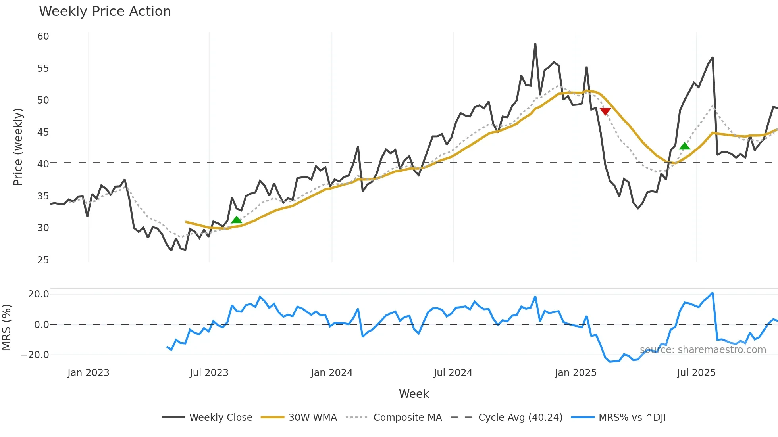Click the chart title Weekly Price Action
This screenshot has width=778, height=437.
click(105, 11)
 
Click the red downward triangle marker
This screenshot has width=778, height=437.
click(605, 111)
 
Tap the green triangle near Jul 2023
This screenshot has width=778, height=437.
click(237, 220)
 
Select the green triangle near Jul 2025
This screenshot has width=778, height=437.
click(684, 146)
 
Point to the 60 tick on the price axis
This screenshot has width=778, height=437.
click(43, 36)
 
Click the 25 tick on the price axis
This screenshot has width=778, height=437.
click(43, 260)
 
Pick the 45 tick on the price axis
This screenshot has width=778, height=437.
click(43, 132)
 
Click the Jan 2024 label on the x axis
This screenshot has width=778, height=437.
click(331, 373)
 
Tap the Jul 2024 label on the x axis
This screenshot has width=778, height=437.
click(453, 373)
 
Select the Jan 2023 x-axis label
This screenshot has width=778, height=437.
click(88, 373)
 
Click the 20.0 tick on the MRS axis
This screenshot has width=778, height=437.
click(39, 294)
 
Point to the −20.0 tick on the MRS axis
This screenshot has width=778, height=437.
click(35, 355)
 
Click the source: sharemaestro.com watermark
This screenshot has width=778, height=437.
click(703, 350)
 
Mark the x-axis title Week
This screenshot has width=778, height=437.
click(414, 394)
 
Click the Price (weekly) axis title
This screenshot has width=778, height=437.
click(18, 147)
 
